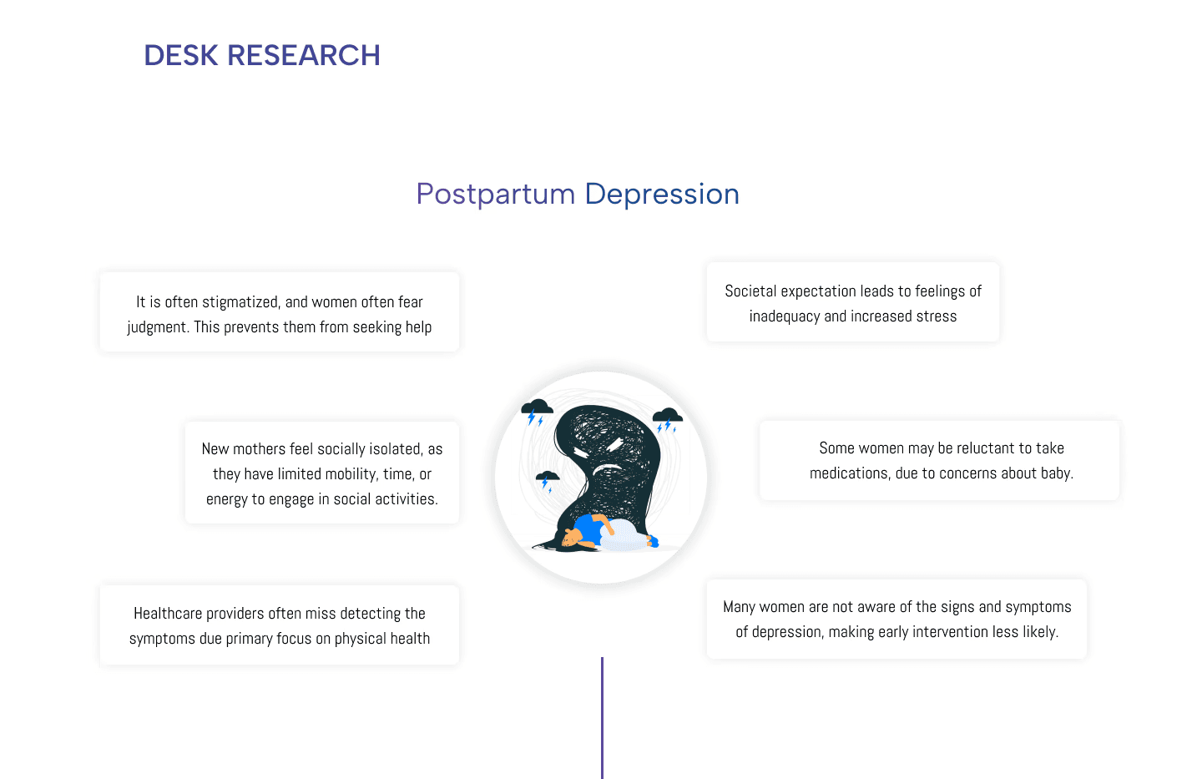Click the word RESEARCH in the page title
coord(304,56)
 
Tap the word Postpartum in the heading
coord(495,195)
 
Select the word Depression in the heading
coord(662,195)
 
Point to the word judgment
coord(157,327)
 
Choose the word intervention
coord(950,632)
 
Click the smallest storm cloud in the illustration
coord(548,478)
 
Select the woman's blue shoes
coord(652,543)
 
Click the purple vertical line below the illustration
coord(602,718)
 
